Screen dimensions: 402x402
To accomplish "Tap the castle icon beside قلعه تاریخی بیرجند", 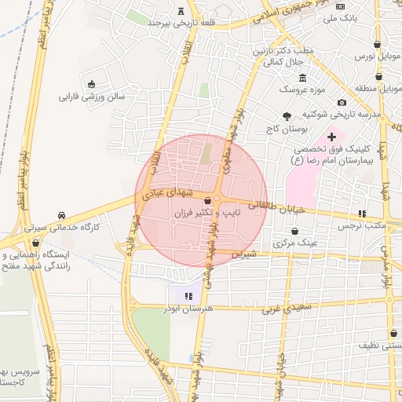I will tap(183, 11).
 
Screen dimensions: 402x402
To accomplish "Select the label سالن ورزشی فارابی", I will tap(92, 97).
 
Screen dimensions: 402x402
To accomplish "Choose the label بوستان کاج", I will tap(284, 127).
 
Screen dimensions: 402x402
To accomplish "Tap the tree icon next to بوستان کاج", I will tap(285, 115).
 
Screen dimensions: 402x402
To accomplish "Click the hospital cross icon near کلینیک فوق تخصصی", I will tap(332, 137).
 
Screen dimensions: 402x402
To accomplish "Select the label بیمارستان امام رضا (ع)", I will tap(331, 159).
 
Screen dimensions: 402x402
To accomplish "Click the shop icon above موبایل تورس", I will tap(378, 45).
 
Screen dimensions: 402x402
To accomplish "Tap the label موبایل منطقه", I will tap(379, 89).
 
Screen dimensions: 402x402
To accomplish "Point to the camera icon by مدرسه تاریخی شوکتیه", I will tap(342, 103).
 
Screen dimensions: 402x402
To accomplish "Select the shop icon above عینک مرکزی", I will tap(294, 232).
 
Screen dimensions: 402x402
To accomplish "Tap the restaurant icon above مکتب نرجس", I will tap(362, 214).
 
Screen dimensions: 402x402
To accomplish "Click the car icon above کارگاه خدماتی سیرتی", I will tap(61, 215).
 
